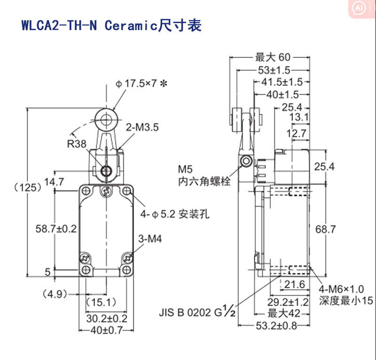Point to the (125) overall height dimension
[x=27, y=187]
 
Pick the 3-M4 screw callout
[x=150, y=239]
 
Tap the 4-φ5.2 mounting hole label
[x=174, y=214]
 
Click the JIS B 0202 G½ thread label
[x=197, y=312]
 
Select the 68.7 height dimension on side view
[x=326, y=229]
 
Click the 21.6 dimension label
[x=294, y=284]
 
